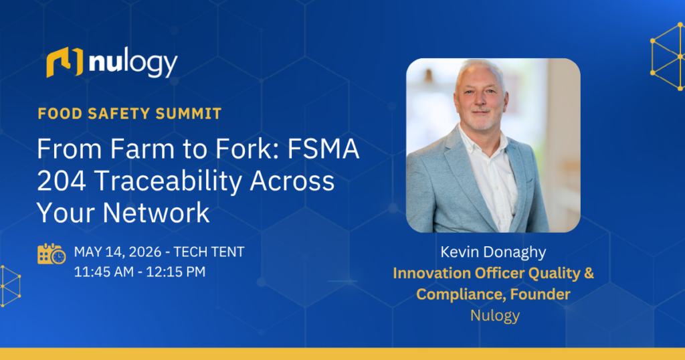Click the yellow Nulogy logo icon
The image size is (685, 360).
point(64,62)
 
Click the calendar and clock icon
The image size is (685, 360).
point(52,254)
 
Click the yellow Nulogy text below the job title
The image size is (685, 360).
point(494,315)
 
